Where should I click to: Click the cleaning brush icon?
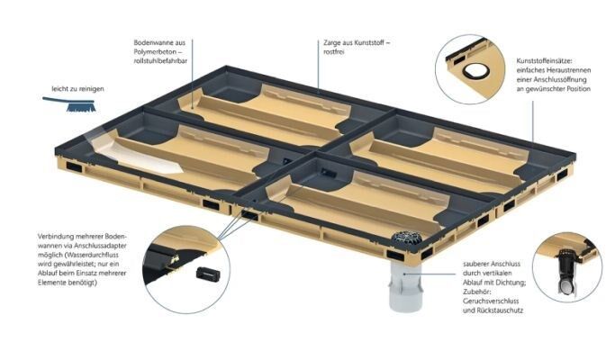[70, 103]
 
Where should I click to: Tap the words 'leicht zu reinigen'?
[77, 89]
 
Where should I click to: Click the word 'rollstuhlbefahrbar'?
[160, 61]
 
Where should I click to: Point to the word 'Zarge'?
[333, 43]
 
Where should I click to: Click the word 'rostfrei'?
[334, 52]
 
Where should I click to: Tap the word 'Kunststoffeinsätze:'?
[545, 61]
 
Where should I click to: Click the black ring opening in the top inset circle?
[475, 71]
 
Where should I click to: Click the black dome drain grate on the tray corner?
[406, 238]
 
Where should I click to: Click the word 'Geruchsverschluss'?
[491, 301]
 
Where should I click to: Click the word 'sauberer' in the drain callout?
[475, 264]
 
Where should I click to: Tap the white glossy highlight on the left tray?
[141, 158]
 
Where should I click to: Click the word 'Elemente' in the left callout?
[52, 283]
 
